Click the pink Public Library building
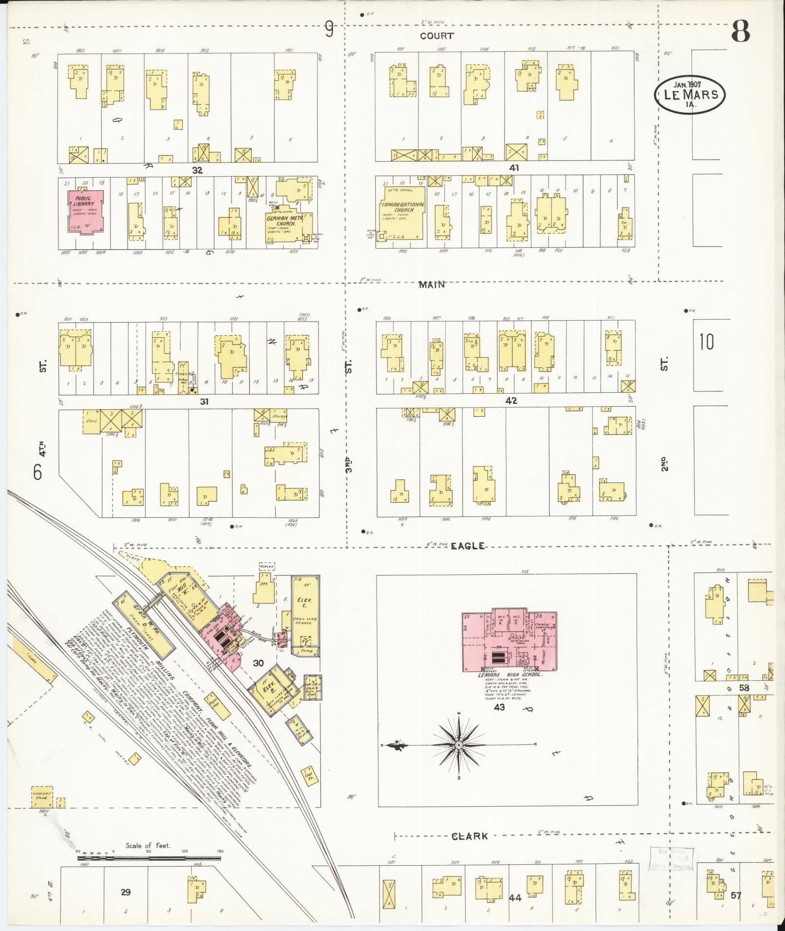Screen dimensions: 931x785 [x=86, y=212]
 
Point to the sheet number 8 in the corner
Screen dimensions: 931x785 [x=739, y=33]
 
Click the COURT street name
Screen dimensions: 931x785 [x=437, y=36]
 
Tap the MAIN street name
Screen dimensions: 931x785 [x=432, y=285]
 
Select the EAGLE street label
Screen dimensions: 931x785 [x=467, y=546]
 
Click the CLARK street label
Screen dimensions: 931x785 [x=469, y=837]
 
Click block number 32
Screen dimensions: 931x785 [x=197, y=170]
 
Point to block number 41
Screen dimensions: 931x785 [x=514, y=168]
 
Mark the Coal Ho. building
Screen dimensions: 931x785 [x=307, y=774]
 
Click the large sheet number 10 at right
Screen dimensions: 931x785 [x=707, y=342]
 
